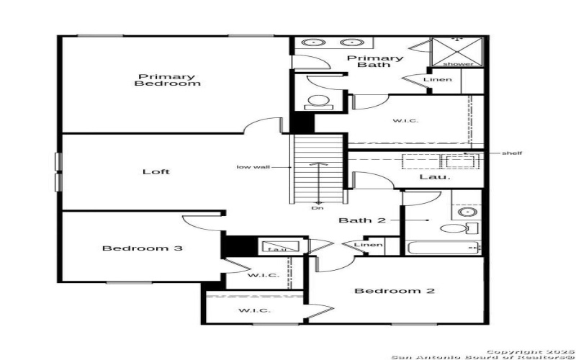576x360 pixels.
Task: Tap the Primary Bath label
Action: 375,61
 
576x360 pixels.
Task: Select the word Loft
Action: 156,171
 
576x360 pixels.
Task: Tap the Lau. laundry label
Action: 435,176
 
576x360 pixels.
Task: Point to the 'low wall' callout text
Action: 253,167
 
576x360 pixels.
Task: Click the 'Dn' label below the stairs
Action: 318,209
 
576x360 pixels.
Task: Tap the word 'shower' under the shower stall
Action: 463,65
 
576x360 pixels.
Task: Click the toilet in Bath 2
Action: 454,230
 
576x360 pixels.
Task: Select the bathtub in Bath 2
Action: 441,248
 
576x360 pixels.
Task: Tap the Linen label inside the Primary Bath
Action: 438,79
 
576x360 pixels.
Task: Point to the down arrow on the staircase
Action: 318,184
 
